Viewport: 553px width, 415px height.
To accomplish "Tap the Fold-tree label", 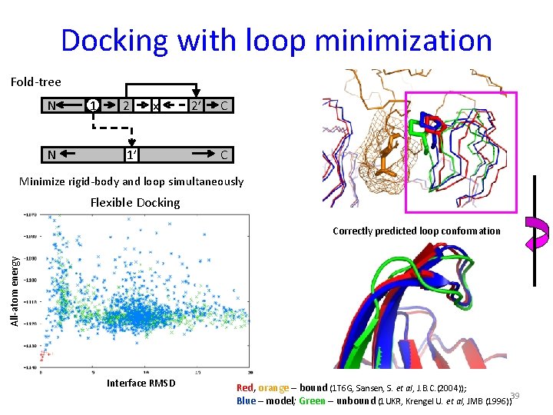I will pyautogui.click(x=35, y=81).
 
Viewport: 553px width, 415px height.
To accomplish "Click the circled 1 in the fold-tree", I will pyautogui.click(x=92, y=106).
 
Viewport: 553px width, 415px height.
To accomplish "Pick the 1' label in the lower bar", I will pyautogui.click(x=131, y=155).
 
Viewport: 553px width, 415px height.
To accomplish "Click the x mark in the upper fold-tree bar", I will pyautogui.click(x=155, y=107).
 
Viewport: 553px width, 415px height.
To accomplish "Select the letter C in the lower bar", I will pyautogui.click(x=224, y=155).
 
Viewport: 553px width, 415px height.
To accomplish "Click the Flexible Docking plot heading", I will pyautogui.click(x=135, y=203).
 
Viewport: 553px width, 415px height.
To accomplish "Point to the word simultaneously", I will pyautogui.click(x=208, y=181).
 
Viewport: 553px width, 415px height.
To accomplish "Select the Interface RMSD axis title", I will pyautogui.click(x=141, y=383).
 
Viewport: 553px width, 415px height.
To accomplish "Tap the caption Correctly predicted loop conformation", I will pyautogui.click(x=416, y=231).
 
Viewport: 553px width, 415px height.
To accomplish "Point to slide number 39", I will pyautogui.click(x=515, y=396).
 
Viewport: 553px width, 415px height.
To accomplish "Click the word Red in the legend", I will pyautogui.click(x=245, y=387).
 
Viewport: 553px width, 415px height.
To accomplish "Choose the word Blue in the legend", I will pyautogui.click(x=247, y=400).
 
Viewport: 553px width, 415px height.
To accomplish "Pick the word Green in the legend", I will pyautogui.click(x=313, y=400).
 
